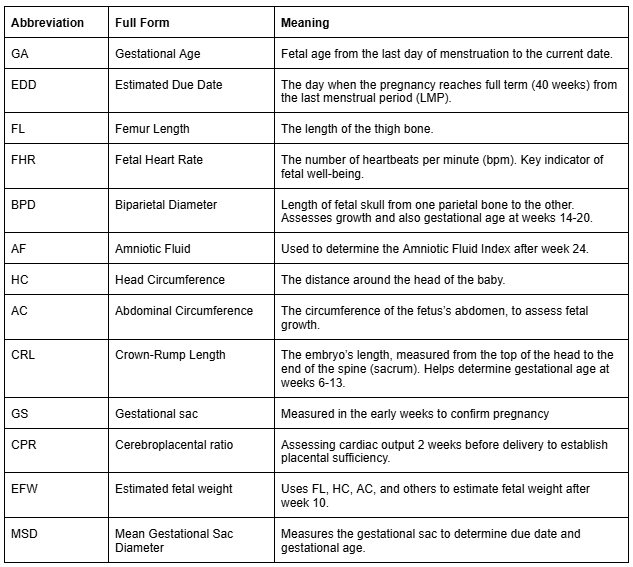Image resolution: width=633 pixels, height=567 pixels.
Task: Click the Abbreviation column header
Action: point(47,22)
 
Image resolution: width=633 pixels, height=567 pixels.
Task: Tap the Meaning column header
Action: point(306,22)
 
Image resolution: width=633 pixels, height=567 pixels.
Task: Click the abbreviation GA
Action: point(20,53)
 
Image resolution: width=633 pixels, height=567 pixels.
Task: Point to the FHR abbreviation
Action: point(24,160)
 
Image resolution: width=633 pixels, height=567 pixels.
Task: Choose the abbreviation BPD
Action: point(24,205)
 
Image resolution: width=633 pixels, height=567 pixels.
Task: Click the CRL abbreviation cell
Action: point(24,355)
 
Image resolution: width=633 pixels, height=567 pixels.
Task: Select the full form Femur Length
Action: point(152,129)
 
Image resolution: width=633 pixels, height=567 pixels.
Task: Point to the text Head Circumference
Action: point(169,280)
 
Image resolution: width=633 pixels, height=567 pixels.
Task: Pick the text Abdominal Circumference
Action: point(184,310)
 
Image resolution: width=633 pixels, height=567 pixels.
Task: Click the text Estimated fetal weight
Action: point(174,488)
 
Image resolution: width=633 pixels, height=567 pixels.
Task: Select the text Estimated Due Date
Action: point(169,85)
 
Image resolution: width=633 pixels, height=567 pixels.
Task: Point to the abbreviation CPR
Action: point(24,444)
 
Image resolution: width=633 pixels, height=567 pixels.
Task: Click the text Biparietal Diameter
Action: point(166,205)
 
